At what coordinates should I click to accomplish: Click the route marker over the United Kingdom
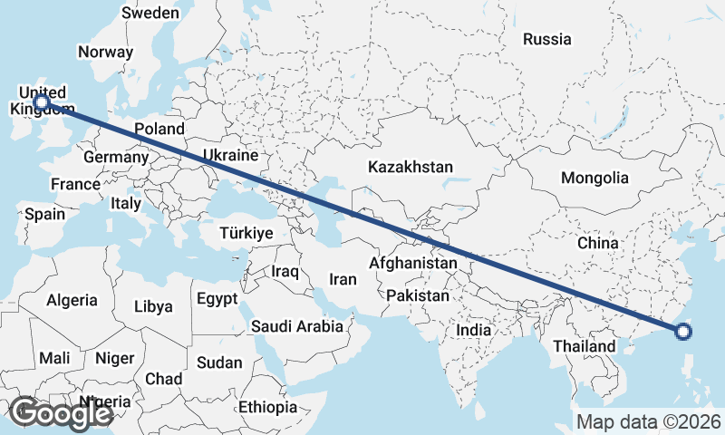click(x=41, y=102)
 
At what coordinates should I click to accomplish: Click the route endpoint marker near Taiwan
click(x=684, y=332)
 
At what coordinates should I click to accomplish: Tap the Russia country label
click(x=547, y=39)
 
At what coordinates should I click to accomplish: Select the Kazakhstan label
click(x=410, y=167)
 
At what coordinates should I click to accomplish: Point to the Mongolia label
click(x=594, y=178)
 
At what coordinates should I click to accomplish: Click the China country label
click(x=597, y=243)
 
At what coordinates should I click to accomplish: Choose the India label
click(x=473, y=330)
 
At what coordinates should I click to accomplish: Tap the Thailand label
click(x=584, y=346)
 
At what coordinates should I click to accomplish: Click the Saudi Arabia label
click(x=297, y=326)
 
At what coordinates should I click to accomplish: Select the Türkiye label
click(x=246, y=233)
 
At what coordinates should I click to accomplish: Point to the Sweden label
click(x=150, y=13)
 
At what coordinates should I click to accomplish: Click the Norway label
click(x=105, y=52)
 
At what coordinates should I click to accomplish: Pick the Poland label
click(x=159, y=129)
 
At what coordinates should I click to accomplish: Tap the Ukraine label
click(x=230, y=155)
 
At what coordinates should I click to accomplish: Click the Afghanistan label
click(x=413, y=263)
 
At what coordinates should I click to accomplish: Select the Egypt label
click(x=217, y=298)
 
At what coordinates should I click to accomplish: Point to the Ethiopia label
click(x=267, y=407)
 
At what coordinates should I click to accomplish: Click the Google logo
click(x=60, y=413)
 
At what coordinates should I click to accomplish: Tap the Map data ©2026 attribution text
click(x=649, y=421)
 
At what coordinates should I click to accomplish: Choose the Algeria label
click(x=72, y=299)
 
